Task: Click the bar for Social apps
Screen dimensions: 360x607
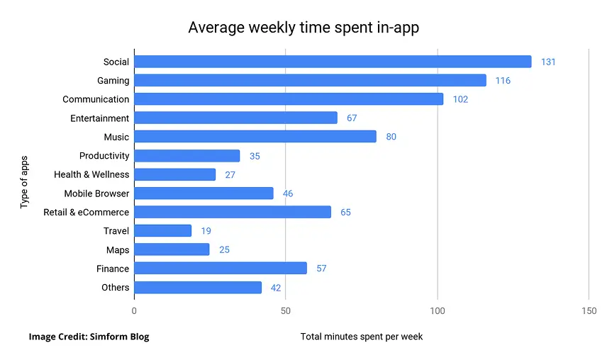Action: pyautogui.click(x=332, y=62)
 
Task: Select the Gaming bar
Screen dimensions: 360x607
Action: pyautogui.click(x=310, y=81)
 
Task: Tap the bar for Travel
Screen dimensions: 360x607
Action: pyautogui.click(x=162, y=230)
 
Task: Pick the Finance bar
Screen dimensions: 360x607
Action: pyautogui.click(x=220, y=268)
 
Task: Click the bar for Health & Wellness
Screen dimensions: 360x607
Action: pyautogui.click(x=174, y=174)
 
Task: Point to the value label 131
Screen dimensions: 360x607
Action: pyautogui.click(x=547, y=62)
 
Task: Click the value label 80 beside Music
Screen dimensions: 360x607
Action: pyautogui.click(x=391, y=137)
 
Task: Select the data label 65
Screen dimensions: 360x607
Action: pyautogui.click(x=345, y=212)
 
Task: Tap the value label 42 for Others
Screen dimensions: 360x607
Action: pyautogui.click(x=276, y=287)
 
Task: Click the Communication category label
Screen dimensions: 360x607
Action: pyautogui.click(x=96, y=99)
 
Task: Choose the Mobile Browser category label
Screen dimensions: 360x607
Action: pyautogui.click(x=96, y=193)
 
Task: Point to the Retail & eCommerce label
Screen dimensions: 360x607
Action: pyautogui.click(x=86, y=212)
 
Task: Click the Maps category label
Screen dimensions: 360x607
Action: pyautogui.click(x=118, y=249)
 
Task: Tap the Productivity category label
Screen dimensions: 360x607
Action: pyautogui.click(x=104, y=155)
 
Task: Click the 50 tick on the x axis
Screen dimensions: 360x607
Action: pyautogui.click(x=285, y=311)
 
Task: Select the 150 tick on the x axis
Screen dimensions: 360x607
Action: pyautogui.click(x=589, y=311)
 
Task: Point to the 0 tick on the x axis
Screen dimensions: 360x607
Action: pyautogui.click(x=134, y=311)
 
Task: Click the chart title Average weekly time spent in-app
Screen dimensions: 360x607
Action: pyautogui.click(x=303, y=28)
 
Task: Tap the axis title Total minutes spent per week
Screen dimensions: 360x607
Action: pyautogui.click(x=362, y=336)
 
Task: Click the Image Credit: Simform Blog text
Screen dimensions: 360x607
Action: pyautogui.click(x=89, y=337)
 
